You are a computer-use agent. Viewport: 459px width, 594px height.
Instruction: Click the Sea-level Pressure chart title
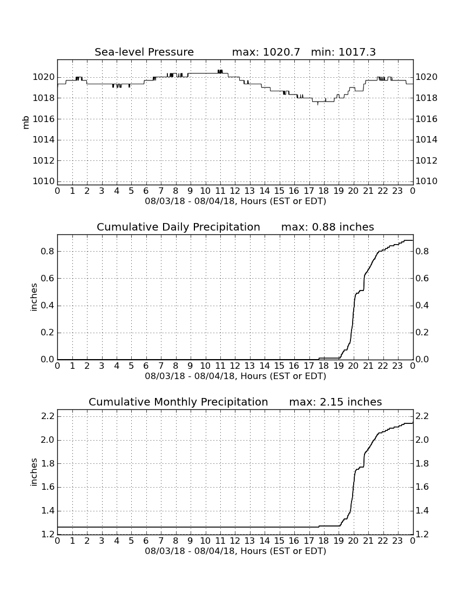pos(144,52)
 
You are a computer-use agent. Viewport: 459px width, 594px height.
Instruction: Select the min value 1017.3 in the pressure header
pos(357,52)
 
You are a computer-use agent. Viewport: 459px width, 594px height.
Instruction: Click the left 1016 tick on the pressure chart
pos(44,119)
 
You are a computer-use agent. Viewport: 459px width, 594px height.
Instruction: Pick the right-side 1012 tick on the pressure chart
pos(427,160)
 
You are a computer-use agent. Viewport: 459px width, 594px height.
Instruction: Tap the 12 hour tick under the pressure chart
pos(235,191)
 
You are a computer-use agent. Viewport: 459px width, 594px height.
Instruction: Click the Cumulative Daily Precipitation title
pos(178,227)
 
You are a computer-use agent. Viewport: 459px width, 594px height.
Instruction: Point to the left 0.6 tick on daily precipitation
pos(48,279)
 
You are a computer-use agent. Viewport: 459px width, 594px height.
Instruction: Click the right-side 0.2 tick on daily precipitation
pos(422,333)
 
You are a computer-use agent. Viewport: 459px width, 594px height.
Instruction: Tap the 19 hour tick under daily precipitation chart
pos(339,366)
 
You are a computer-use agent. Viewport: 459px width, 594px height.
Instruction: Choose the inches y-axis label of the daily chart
pos(34,298)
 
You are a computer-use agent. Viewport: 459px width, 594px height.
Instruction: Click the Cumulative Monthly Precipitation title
pos(178,402)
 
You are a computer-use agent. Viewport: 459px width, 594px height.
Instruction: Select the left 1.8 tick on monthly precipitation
pos(48,464)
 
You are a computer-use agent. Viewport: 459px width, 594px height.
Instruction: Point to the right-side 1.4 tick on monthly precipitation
pos(422,511)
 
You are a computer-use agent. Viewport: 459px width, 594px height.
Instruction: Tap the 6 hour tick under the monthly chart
pos(146,541)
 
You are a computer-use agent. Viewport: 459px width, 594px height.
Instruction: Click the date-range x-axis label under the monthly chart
pos(235,551)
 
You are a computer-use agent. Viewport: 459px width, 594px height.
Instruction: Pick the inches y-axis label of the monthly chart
pos(34,473)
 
